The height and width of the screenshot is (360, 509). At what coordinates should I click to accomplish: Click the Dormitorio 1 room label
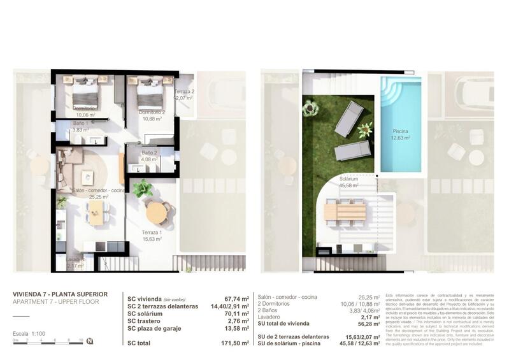click(x=84, y=108)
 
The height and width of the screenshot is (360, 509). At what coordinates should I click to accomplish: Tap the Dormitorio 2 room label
click(x=152, y=112)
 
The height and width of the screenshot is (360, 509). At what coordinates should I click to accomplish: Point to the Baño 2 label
click(x=149, y=152)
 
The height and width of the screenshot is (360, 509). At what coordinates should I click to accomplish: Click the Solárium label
click(x=348, y=179)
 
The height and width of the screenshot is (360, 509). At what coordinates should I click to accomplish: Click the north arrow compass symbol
click(x=90, y=341)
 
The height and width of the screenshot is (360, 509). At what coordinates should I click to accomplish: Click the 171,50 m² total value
click(x=234, y=342)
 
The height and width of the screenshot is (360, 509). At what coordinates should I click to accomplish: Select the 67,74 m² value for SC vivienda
click(x=236, y=298)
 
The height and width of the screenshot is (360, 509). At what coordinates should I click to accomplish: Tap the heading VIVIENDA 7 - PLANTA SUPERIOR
click(x=60, y=294)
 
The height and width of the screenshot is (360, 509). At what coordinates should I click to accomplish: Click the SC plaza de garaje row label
click(x=159, y=329)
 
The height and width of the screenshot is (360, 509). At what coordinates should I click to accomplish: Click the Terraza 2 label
click(x=184, y=92)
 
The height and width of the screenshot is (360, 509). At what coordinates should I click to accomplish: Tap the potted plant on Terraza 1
click(x=141, y=188)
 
